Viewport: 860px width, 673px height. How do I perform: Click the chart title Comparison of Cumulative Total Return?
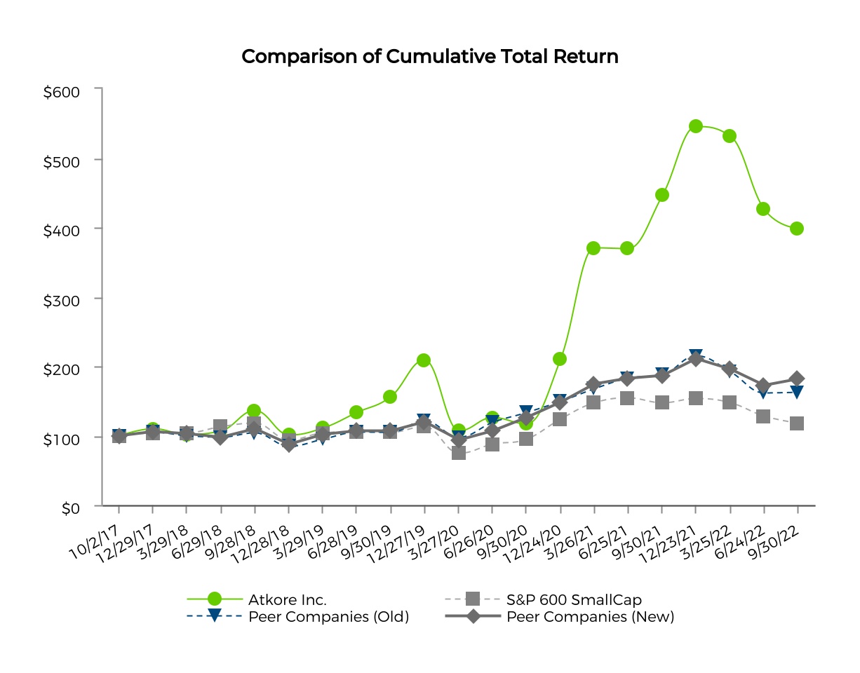click(429, 57)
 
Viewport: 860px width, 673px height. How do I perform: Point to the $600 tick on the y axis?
click(62, 91)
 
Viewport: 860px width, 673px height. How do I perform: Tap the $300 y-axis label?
click(62, 299)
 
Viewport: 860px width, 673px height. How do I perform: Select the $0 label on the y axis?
click(71, 508)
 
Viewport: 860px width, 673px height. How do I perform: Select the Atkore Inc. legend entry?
click(288, 599)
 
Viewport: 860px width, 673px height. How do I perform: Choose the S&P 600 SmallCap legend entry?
click(574, 599)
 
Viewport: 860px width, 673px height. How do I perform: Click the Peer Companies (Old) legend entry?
click(328, 617)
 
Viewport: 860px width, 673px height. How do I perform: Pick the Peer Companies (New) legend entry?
click(590, 617)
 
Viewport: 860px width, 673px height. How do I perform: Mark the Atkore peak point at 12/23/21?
click(696, 126)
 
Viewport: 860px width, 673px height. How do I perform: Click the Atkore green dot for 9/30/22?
click(797, 229)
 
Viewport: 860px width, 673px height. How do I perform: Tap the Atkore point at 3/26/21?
click(593, 248)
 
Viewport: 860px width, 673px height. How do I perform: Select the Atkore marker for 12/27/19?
click(424, 360)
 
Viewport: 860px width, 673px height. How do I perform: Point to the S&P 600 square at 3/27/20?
click(459, 453)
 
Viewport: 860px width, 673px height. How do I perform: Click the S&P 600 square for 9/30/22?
click(797, 423)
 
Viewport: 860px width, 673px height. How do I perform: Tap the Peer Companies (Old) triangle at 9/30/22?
click(797, 392)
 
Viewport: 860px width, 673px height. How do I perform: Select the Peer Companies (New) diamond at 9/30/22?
click(797, 379)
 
